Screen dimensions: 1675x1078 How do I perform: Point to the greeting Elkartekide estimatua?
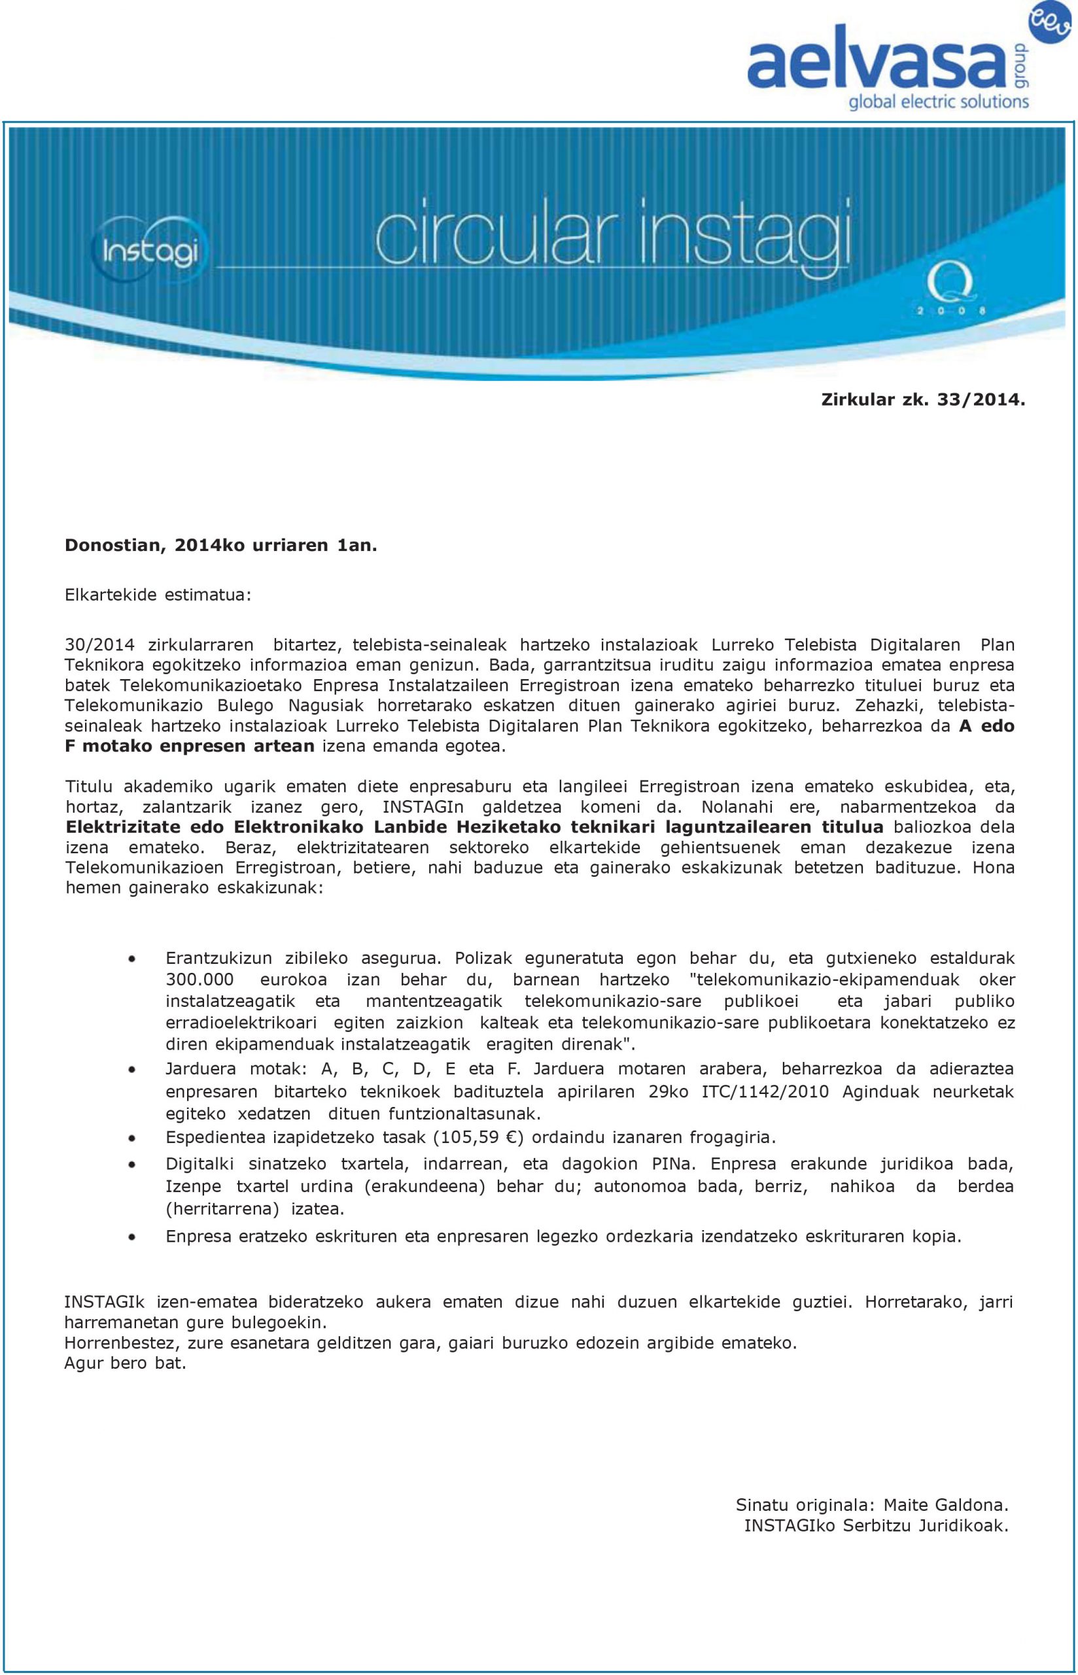(x=158, y=595)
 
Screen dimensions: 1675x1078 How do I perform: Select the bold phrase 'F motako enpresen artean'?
(x=189, y=746)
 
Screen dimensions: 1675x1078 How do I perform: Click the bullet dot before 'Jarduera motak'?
(x=131, y=1070)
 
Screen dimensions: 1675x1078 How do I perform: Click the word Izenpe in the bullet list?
(x=193, y=1186)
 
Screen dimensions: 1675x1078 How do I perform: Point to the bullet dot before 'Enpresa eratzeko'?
(x=131, y=1237)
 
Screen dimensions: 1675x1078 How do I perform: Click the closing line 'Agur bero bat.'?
(x=126, y=1364)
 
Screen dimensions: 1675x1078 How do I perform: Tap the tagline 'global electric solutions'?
(x=938, y=102)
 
